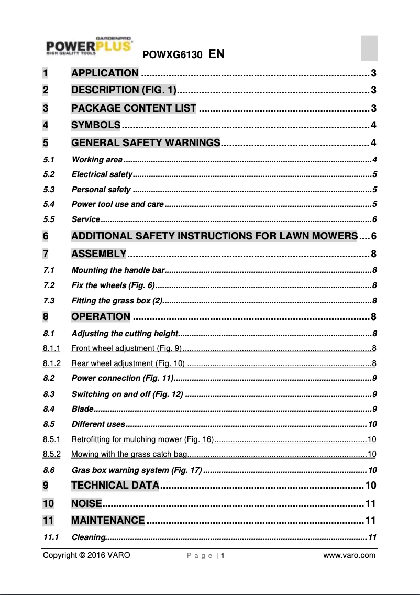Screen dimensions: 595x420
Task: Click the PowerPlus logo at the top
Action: pyautogui.click(x=88, y=48)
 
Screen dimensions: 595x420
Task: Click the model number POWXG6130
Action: pyautogui.click(x=172, y=54)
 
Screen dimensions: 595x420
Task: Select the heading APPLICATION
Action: pyautogui.click(x=105, y=73)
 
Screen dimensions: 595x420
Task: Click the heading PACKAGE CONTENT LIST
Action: pyautogui.click(x=134, y=108)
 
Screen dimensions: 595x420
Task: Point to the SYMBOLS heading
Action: pyautogui.click(x=96, y=125)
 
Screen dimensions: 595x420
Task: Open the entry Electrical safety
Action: pyautogui.click(x=102, y=174)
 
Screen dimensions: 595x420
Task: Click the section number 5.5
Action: pyautogui.click(x=49, y=219)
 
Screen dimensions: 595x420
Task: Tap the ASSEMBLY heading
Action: pyautogui.click(x=98, y=254)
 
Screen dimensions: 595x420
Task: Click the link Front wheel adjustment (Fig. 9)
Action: pyautogui.click(x=126, y=348)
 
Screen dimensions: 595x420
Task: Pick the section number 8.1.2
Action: pyautogui.click(x=52, y=363)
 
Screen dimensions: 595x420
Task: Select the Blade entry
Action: pyautogui.click(x=82, y=409)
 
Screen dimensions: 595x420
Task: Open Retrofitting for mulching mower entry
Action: pyautogui.click(x=142, y=439)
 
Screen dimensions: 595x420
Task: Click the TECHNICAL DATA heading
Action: pyautogui.click(x=115, y=486)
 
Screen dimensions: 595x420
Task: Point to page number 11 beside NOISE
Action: pyautogui.click(x=370, y=504)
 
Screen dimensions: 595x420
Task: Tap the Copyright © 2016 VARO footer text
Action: pyautogui.click(x=86, y=555)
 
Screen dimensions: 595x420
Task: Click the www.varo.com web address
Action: pyautogui.click(x=349, y=555)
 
